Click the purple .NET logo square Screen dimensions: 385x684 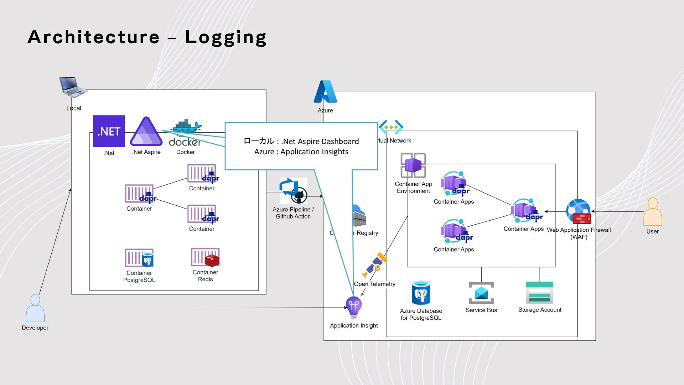coord(109,131)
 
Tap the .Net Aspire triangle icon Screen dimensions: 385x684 coord(146,132)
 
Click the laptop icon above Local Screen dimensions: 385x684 coord(73,87)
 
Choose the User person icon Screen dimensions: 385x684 coord(652,212)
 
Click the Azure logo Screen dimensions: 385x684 coord(325,92)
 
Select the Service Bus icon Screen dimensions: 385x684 coord(481,293)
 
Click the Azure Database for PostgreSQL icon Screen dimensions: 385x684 coord(421,293)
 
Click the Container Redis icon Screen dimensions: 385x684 coord(205,257)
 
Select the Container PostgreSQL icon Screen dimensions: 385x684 coord(139,258)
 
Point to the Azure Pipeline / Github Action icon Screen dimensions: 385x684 coord(293,191)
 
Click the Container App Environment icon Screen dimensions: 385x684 coord(413,165)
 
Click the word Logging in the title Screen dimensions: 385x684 coord(226,37)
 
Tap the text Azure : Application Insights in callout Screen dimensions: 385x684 coord(301,152)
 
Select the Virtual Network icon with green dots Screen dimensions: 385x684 coord(391,127)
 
